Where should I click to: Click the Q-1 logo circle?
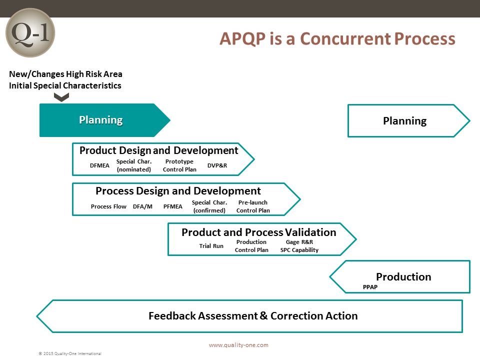(x=30, y=33)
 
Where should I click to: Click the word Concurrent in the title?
(x=345, y=39)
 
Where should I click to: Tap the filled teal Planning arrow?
(x=104, y=120)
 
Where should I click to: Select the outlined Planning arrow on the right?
(x=408, y=120)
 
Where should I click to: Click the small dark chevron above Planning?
(x=61, y=97)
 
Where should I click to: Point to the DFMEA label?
(x=99, y=165)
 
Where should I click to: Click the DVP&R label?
(x=217, y=165)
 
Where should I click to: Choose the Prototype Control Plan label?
(x=179, y=165)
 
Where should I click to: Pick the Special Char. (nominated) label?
(x=134, y=165)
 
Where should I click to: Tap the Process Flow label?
(x=108, y=206)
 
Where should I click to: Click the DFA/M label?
(x=142, y=206)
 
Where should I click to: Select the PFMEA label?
(x=172, y=206)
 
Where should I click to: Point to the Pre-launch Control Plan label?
(x=253, y=206)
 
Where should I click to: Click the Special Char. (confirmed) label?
(x=209, y=206)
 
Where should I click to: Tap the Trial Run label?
(x=211, y=246)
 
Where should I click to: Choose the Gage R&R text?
(x=299, y=242)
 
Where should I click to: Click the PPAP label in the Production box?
(x=370, y=287)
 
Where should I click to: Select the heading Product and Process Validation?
(x=259, y=232)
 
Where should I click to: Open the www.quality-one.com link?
(x=239, y=345)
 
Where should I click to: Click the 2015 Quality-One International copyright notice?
(x=70, y=353)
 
